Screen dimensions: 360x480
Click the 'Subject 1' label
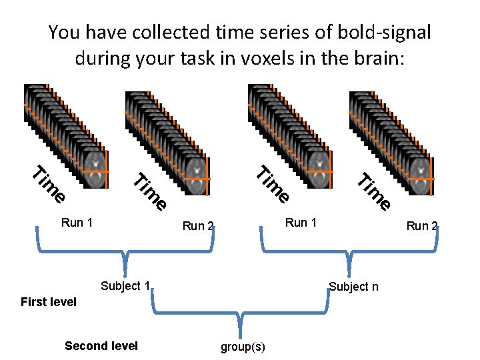[x=124, y=287]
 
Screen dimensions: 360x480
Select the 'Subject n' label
[x=353, y=287]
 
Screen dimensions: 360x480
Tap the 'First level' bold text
[x=49, y=302]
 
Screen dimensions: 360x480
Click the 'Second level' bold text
[x=101, y=345]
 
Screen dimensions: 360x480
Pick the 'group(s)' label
[x=243, y=347]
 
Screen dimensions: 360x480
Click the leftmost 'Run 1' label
[x=77, y=222]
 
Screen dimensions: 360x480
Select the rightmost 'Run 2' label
[x=422, y=225]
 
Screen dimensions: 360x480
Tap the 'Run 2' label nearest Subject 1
[x=198, y=225]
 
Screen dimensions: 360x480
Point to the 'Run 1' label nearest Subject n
[x=301, y=222]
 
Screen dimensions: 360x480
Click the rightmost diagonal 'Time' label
[x=373, y=191]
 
